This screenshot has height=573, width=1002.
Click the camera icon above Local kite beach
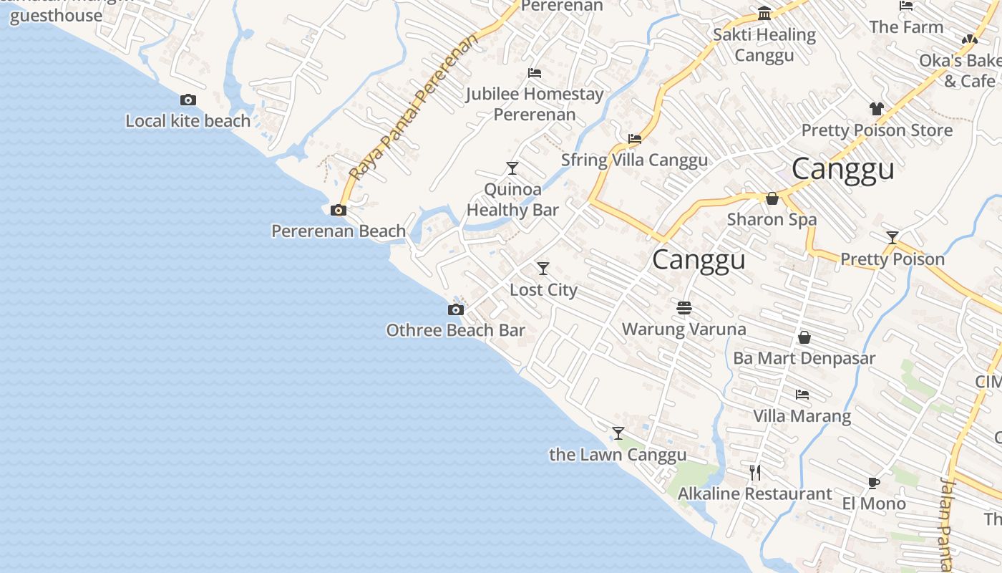pyautogui.click(x=188, y=100)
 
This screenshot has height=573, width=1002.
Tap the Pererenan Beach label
pyautogui.click(x=339, y=231)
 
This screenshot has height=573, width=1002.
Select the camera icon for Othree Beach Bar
pyautogui.click(x=456, y=310)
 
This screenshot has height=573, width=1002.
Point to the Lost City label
pyautogui.click(x=543, y=290)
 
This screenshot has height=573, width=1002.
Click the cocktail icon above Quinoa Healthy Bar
pyautogui.click(x=512, y=168)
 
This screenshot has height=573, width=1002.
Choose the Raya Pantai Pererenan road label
pyautogui.click(x=413, y=107)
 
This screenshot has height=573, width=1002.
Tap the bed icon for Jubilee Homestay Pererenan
pyautogui.click(x=535, y=73)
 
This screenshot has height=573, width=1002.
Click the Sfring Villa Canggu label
pyautogui.click(x=634, y=160)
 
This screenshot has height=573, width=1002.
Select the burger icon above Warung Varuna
pyautogui.click(x=684, y=308)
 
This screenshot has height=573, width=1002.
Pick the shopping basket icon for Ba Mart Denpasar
pyautogui.click(x=804, y=337)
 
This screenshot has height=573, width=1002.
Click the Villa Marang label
pyautogui.click(x=802, y=416)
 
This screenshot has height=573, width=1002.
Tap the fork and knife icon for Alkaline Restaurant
pyautogui.click(x=755, y=472)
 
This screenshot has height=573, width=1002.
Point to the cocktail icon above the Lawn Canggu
pyautogui.click(x=618, y=433)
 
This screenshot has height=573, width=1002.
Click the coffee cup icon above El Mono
pyautogui.click(x=874, y=483)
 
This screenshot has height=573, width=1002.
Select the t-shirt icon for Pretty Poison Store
pyautogui.click(x=877, y=109)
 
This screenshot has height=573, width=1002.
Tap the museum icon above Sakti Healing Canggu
pyautogui.click(x=764, y=14)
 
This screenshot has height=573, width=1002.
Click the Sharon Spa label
pyautogui.click(x=772, y=220)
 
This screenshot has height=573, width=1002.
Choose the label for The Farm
pyautogui.click(x=906, y=27)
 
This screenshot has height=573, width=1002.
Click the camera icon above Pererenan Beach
pyautogui.click(x=339, y=211)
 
